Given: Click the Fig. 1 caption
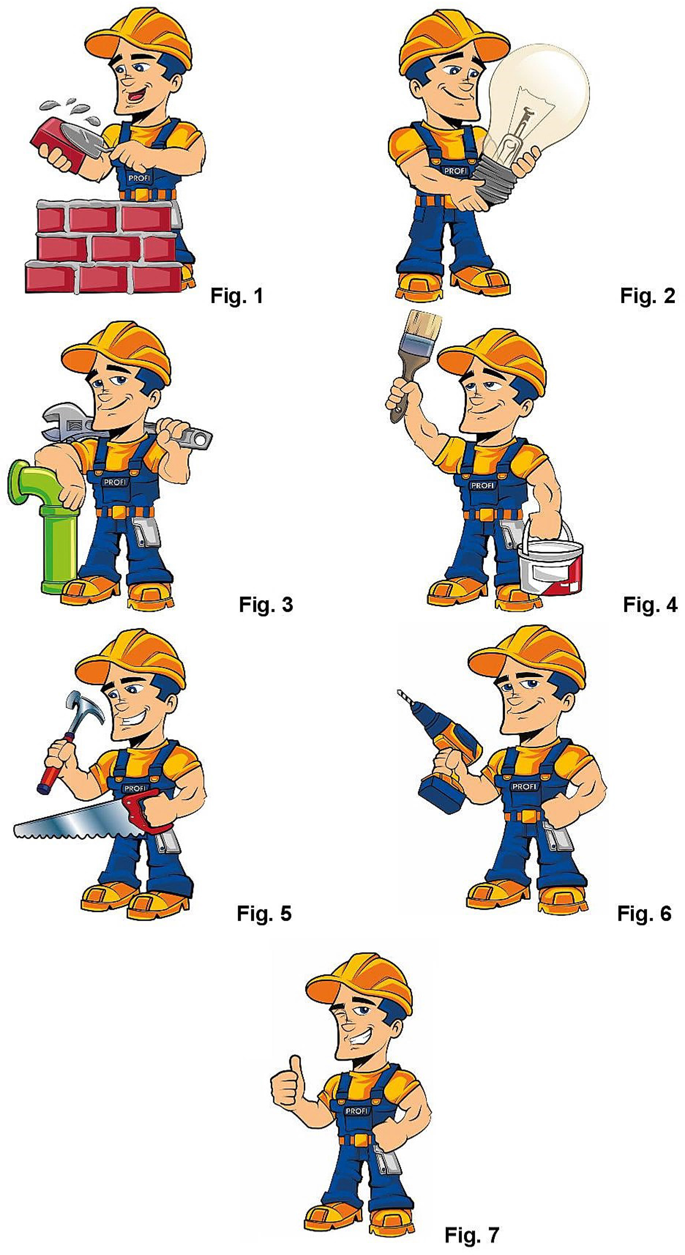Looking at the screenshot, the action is (237, 296).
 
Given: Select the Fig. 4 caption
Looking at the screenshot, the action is (650, 604).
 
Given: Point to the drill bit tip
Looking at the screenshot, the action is (399, 691).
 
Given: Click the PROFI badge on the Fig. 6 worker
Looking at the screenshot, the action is (524, 786).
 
